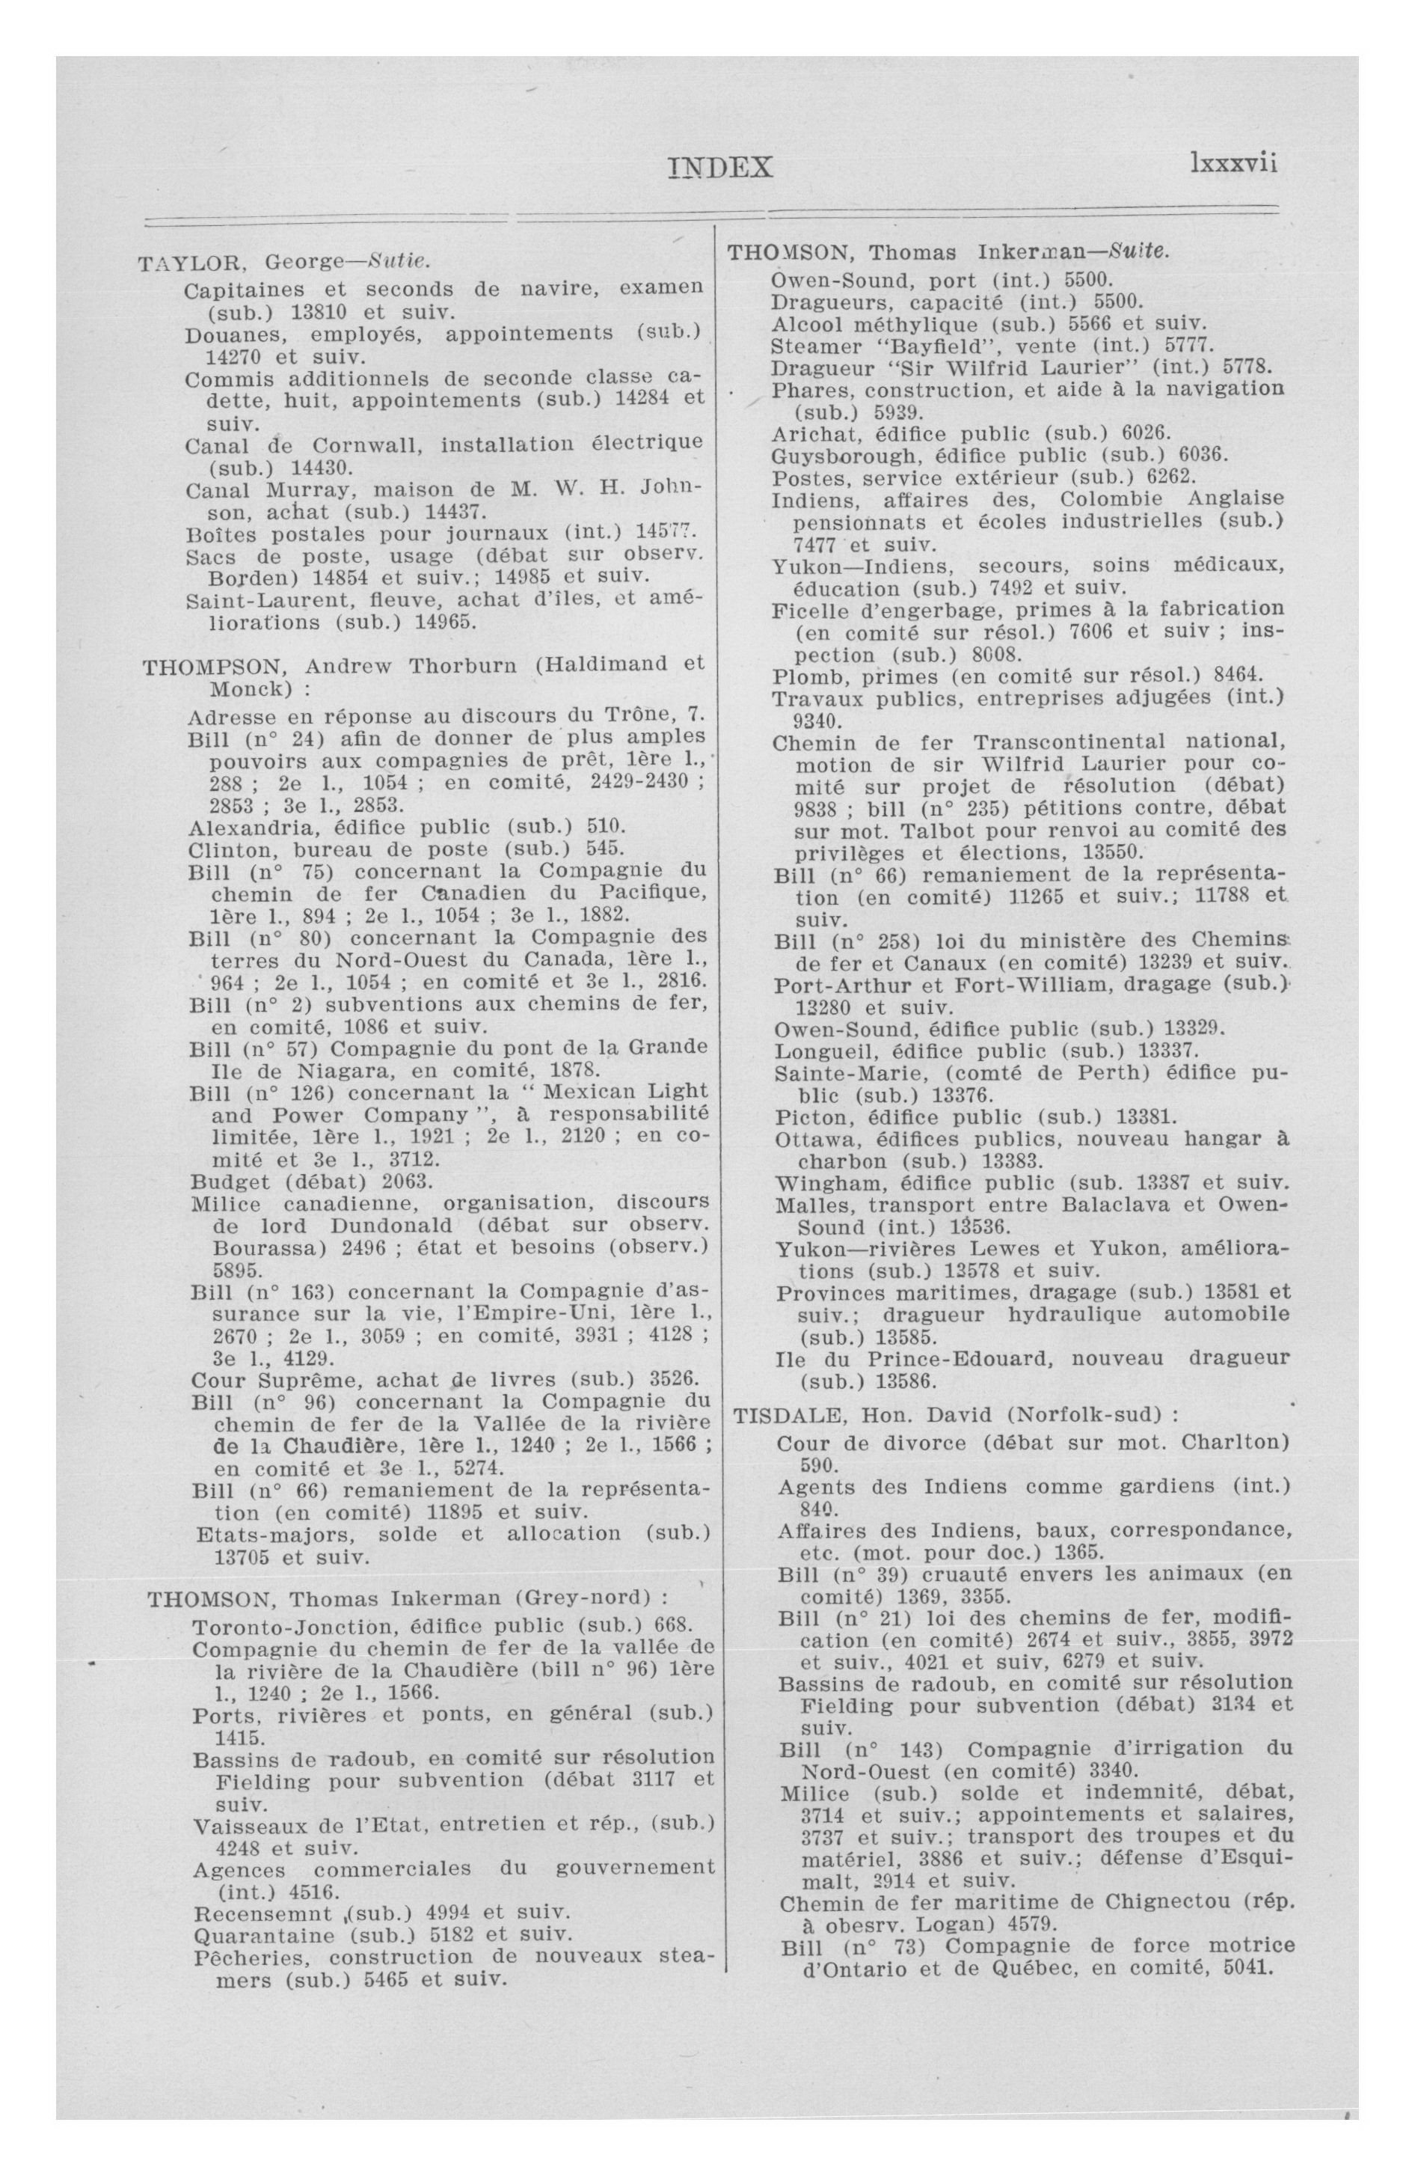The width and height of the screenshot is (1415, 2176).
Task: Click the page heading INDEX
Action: [719, 168]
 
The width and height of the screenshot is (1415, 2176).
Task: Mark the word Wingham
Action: [814, 1183]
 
